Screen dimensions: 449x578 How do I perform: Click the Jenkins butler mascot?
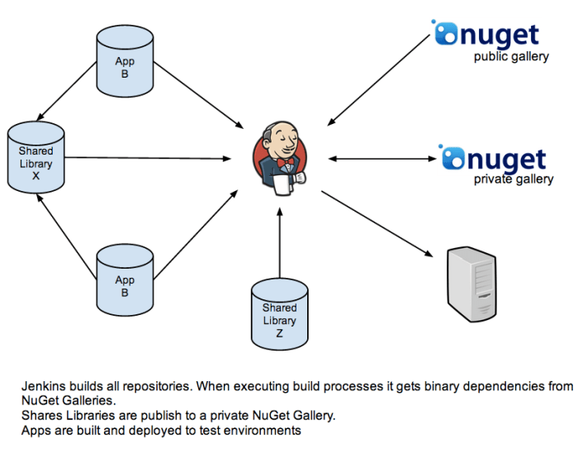pos(281,158)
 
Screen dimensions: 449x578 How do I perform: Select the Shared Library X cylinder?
pos(36,158)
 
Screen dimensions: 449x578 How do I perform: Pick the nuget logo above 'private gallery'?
pos(493,158)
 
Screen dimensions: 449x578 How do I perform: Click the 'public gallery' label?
pos(511,57)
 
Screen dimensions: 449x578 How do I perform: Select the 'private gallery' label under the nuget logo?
pos(514,179)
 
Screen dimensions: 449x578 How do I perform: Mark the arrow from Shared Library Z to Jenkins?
pos(280,244)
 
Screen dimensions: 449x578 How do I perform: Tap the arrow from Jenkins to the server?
pos(376,223)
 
